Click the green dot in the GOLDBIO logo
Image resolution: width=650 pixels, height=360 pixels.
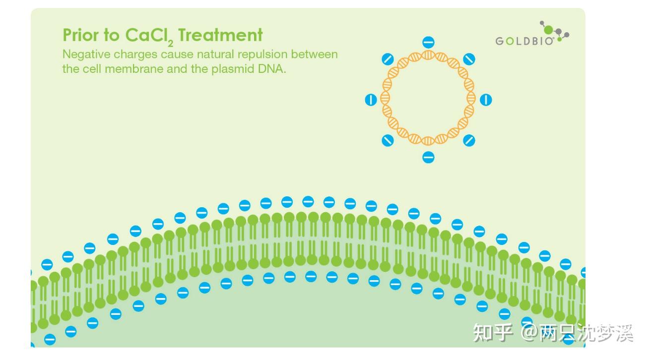548,30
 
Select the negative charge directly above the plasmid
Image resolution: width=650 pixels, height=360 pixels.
428,42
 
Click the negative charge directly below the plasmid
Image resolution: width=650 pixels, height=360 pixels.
428,157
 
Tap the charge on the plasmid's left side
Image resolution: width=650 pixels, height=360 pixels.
371,100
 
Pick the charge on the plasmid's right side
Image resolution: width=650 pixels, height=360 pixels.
486,100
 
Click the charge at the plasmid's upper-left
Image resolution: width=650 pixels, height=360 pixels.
388,59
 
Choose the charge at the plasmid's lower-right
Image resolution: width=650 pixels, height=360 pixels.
469,140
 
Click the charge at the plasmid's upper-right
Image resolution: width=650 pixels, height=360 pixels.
469,59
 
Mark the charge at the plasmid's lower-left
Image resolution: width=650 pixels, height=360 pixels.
388,140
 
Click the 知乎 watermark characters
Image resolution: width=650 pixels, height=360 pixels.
493,332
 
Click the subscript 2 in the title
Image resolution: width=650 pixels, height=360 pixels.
170,44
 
